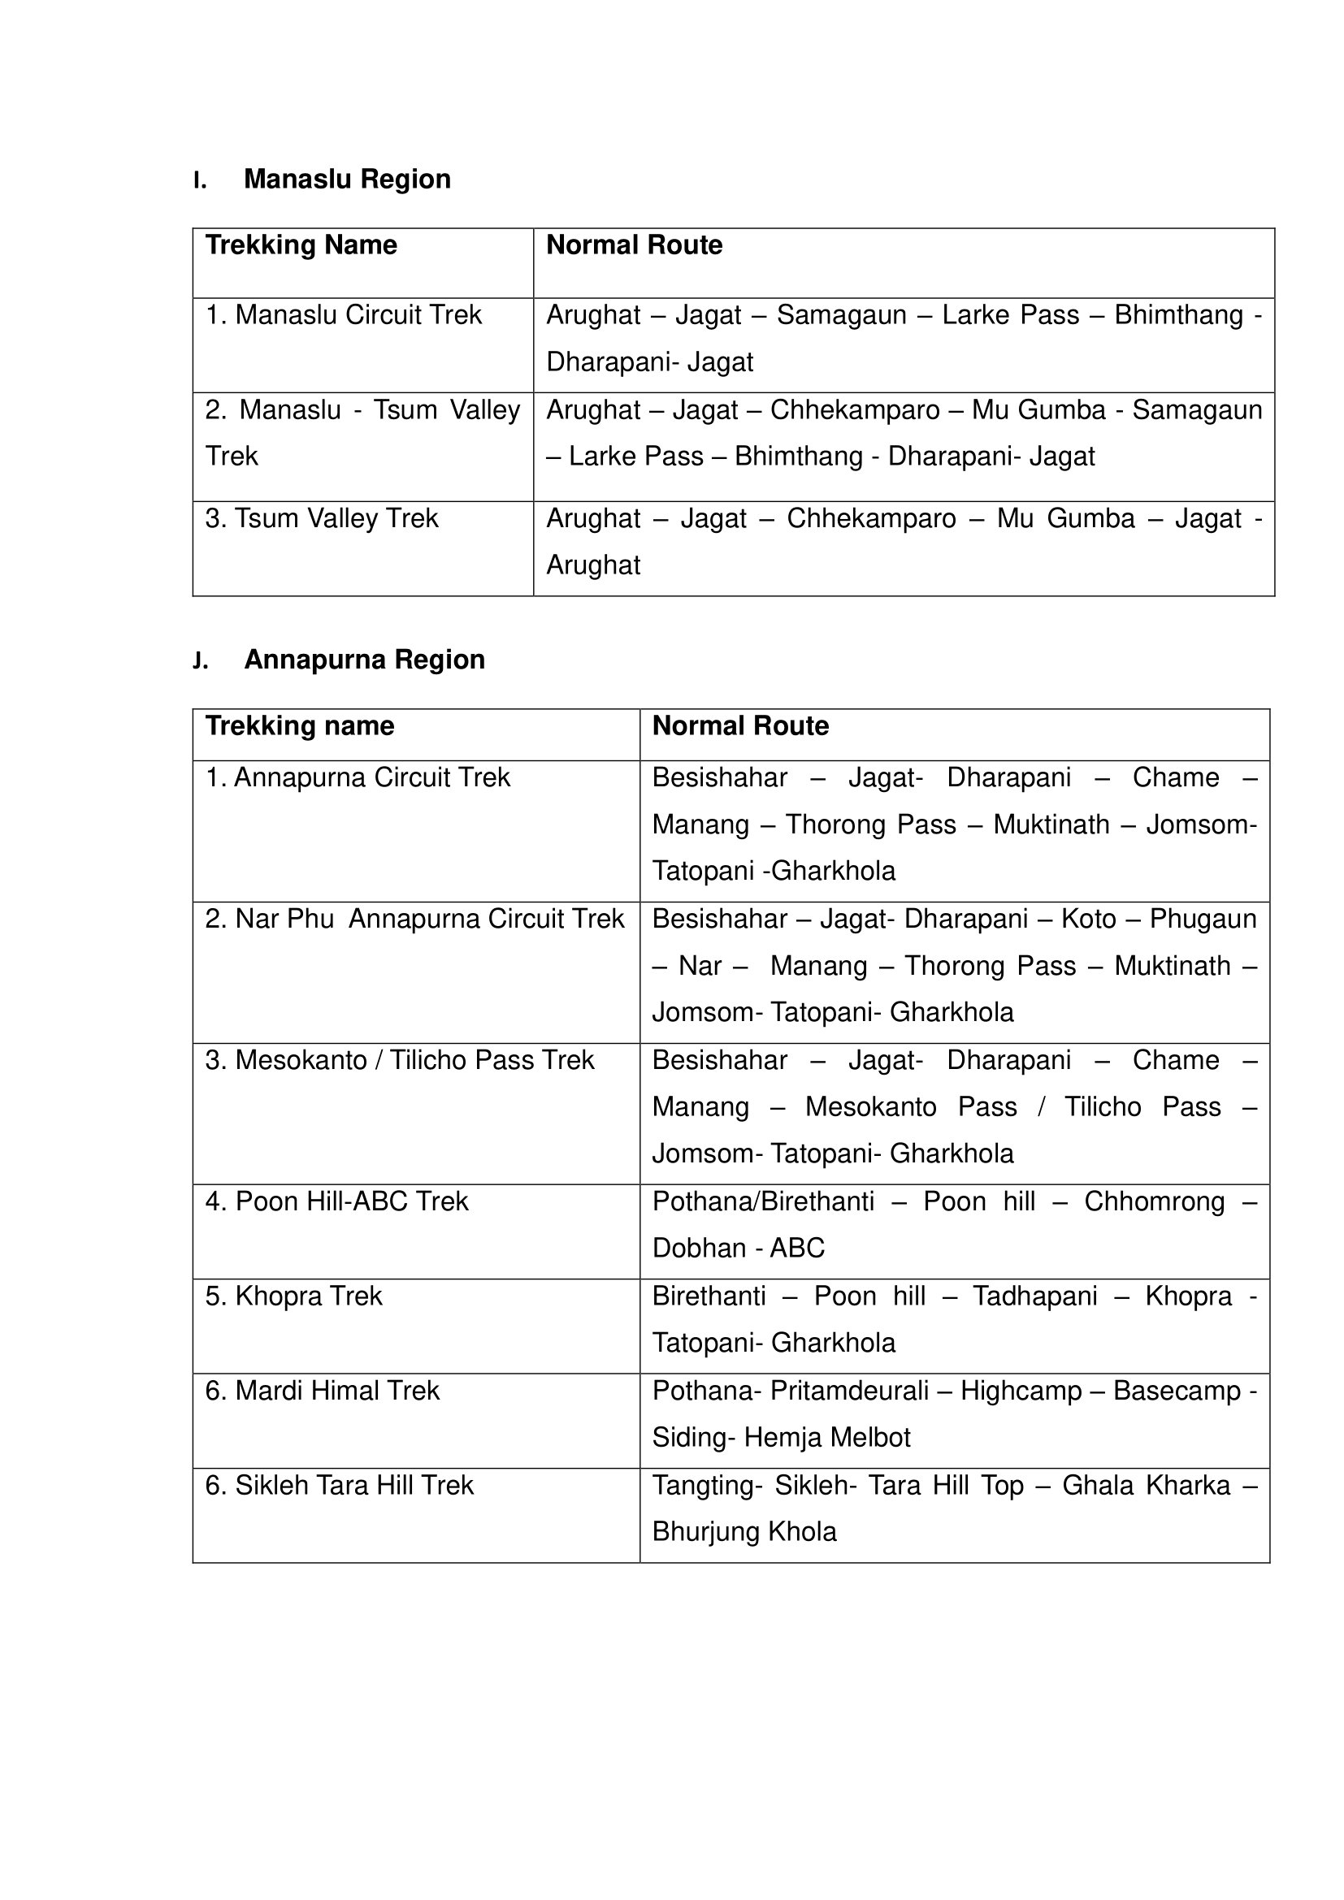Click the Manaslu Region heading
347,179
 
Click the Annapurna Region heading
364,660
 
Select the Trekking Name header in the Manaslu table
301,245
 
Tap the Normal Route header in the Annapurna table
740,725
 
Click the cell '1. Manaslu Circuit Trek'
344,315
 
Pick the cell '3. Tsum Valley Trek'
322,519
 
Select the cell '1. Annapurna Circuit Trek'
358,778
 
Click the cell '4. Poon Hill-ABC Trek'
337,1201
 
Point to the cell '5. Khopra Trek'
294,1296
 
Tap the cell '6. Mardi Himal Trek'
322,1390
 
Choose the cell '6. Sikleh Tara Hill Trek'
340,1486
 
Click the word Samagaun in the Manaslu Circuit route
841,315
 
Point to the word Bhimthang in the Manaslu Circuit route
1178,315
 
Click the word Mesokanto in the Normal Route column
870,1107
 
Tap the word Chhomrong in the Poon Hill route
1154,1201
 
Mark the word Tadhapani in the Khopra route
1034,1296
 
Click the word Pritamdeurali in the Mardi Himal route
849,1390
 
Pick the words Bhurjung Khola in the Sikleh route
744,1532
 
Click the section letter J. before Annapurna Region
200,660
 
